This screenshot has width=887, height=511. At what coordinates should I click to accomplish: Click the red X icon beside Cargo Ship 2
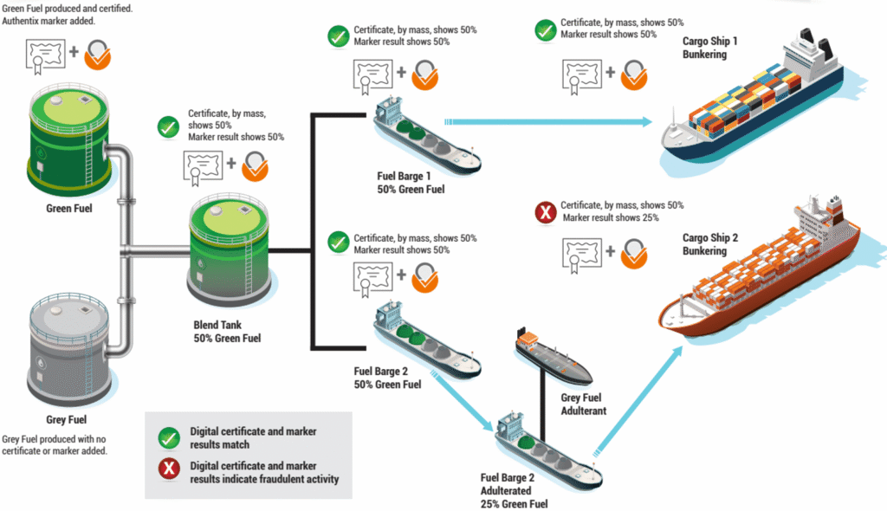(546, 212)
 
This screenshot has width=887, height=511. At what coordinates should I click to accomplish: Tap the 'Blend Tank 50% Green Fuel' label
(227, 332)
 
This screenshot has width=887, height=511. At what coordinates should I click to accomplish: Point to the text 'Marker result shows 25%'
(611, 217)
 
